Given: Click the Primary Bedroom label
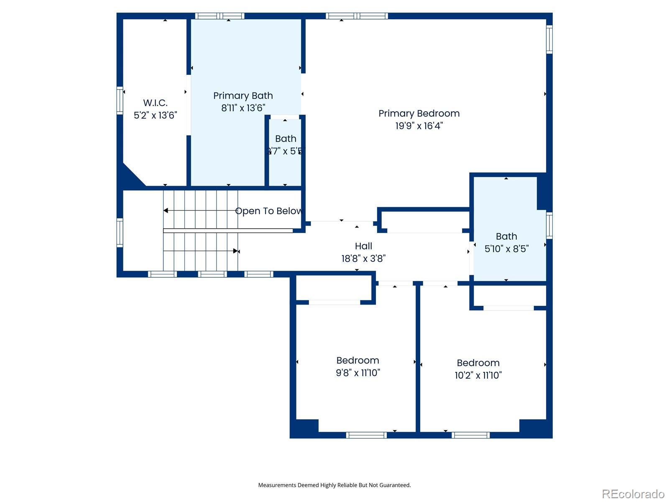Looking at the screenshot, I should [x=419, y=113].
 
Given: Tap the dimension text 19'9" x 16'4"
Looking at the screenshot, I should [x=419, y=125].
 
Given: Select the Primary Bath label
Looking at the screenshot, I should [x=243, y=96].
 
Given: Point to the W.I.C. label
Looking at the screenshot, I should [x=155, y=103].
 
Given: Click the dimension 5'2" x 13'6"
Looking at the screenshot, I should [x=155, y=115].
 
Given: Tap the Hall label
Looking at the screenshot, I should [x=363, y=246].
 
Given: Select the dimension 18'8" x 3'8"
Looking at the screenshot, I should [x=363, y=259].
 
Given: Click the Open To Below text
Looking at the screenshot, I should [x=268, y=211].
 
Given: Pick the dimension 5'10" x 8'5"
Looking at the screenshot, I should [x=506, y=248].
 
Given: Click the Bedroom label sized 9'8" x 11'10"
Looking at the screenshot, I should [x=357, y=360].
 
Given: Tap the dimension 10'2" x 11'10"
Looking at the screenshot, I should [x=478, y=375].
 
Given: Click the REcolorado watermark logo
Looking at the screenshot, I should [x=633, y=494].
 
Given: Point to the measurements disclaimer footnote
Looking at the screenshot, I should [x=334, y=485].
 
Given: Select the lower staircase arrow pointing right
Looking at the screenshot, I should [x=236, y=251].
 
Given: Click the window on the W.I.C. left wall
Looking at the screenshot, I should [x=120, y=100].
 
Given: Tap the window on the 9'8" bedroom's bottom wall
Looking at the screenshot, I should [x=366, y=435].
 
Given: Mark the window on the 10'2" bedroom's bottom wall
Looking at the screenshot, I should [x=470, y=435].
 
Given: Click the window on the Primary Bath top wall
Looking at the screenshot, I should [x=220, y=16].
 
